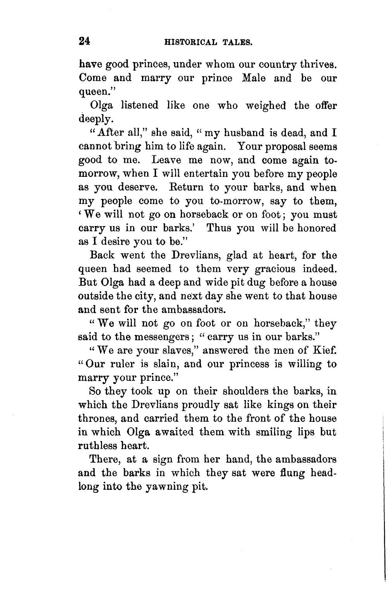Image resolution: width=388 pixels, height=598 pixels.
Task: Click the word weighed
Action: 262,105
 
